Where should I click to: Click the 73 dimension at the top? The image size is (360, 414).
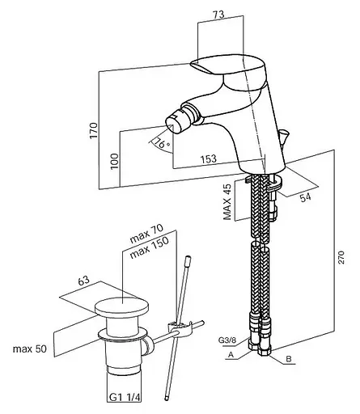(218, 15)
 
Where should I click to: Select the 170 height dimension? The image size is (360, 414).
(94, 130)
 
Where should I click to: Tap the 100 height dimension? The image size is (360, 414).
(115, 161)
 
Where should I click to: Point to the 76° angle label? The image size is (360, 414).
(162, 143)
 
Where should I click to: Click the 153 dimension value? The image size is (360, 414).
(208, 158)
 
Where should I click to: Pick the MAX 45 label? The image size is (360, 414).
(227, 202)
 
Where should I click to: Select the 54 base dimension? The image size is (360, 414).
(305, 197)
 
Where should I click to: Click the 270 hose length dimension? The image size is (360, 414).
(341, 257)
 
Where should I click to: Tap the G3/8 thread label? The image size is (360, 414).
(227, 340)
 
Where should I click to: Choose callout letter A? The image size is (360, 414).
(231, 355)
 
